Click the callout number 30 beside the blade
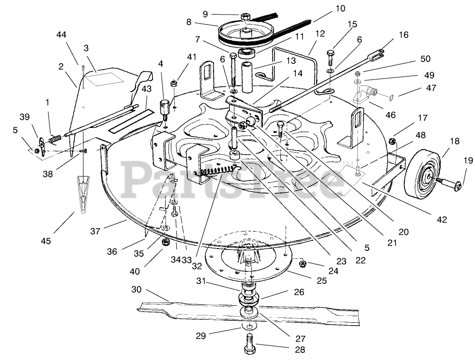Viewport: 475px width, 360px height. click(x=136, y=289)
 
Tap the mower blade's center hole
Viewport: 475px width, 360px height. click(x=248, y=310)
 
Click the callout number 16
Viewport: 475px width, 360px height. click(x=404, y=35)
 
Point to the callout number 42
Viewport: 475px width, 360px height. click(x=441, y=219)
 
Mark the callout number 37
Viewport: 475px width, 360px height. click(x=95, y=232)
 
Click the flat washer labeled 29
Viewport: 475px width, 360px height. click(x=249, y=325)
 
